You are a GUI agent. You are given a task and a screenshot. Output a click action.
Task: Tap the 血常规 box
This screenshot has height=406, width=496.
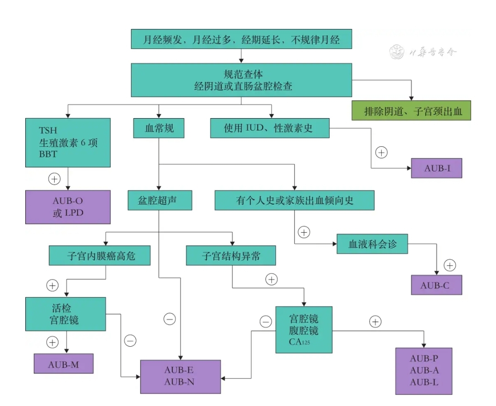[159, 128]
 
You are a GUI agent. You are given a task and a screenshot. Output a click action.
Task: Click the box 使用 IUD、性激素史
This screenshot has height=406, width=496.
[270, 128]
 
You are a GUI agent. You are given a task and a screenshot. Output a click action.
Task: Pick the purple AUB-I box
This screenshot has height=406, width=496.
[436, 168]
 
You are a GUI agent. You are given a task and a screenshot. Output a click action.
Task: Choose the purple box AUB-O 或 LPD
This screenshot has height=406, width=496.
[68, 207]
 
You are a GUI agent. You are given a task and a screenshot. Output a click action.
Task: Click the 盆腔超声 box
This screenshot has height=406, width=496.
[159, 200]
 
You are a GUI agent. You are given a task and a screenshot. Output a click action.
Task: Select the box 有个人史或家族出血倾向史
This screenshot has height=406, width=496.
[294, 200]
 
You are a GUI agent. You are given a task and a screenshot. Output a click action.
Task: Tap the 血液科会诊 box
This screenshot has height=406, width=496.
[372, 244]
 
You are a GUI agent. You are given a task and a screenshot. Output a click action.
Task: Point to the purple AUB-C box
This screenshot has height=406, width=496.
[436, 285]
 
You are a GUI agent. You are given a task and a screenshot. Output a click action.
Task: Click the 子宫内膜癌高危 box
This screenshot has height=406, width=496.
[100, 255]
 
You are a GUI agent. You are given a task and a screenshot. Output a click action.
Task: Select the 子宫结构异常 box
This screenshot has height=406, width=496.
[231, 255]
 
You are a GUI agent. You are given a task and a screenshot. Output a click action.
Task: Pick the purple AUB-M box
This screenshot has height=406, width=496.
[63, 364]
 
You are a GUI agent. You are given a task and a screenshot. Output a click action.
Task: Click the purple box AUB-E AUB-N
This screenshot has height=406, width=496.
[180, 377]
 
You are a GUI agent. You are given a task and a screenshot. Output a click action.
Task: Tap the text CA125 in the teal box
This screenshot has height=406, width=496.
[297, 342]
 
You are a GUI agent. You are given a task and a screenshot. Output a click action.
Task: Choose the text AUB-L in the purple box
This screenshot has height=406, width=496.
[423, 383]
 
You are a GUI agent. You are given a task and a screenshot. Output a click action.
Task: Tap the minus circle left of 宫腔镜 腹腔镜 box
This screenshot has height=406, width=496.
[266, 322]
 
